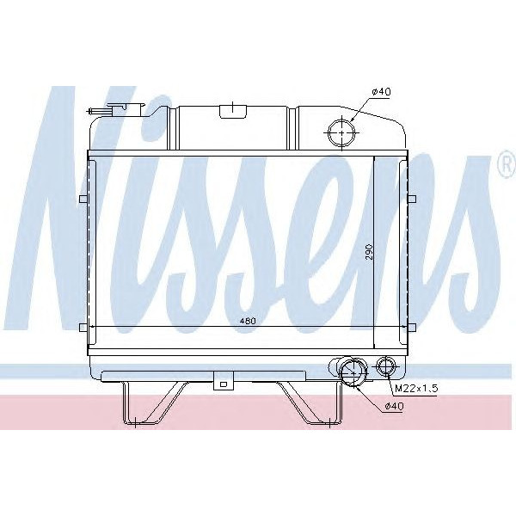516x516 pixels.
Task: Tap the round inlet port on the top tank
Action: (341, 134)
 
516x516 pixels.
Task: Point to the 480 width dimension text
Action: (249, 320)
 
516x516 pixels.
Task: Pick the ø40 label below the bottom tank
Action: (394, 406)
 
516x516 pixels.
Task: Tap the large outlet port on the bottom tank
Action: (350, 372)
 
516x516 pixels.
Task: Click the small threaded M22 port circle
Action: (387, 367)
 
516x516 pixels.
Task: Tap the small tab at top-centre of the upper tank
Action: (230, 109)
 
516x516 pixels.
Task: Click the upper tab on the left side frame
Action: (83, 200)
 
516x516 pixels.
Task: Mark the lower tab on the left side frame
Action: (83, 325)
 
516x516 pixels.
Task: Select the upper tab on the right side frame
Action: (412, 200)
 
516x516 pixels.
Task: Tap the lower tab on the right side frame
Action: (412, 325)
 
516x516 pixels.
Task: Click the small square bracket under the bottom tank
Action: (223, 384)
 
